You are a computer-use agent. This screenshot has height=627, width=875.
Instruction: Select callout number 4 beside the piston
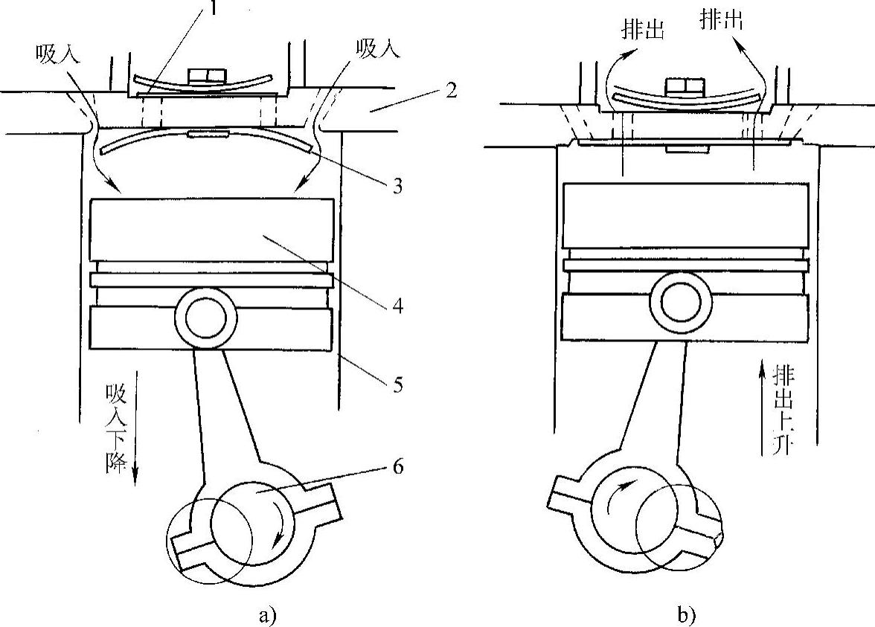point(397,304)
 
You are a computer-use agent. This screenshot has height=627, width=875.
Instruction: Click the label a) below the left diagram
point(266,615)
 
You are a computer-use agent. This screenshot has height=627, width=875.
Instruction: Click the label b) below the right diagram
point(686,615)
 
